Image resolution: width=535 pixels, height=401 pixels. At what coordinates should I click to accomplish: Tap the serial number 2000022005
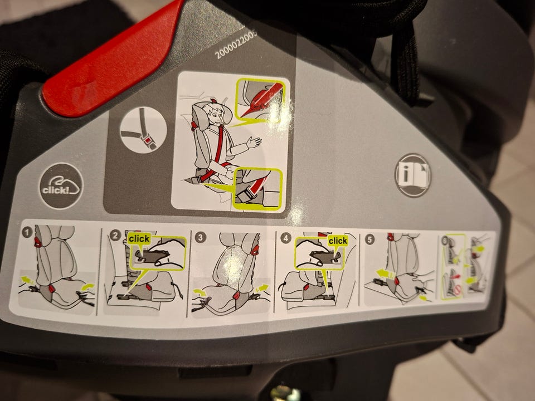click(236, 45)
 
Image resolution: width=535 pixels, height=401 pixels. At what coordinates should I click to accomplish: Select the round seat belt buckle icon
click(144, 130)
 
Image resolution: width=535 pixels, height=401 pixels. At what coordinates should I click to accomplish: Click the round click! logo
click(61, 186)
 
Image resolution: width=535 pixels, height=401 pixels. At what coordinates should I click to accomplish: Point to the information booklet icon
click(413, 175)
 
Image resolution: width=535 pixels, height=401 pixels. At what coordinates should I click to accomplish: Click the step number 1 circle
click(27, 233)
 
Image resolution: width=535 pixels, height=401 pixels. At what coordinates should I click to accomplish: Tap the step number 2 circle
click(116, 235)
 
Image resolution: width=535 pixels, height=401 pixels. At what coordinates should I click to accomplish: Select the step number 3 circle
click(200, 237)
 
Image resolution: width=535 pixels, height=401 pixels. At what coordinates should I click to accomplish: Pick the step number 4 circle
click(285, 238)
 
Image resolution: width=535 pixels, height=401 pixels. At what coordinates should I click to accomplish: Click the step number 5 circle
click(369, 239)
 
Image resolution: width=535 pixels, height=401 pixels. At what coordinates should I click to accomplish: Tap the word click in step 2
click(139, 238)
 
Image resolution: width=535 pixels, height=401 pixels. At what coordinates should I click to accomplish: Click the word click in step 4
click(338, 241)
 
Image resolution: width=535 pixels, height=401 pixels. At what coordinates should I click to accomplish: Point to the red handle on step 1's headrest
click(37, 242)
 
